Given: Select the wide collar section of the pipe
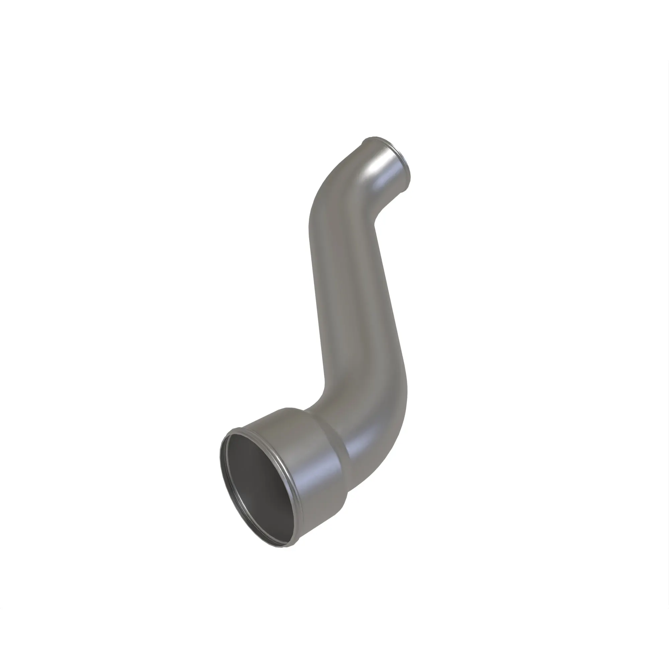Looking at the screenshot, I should click(x=312, y=461).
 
